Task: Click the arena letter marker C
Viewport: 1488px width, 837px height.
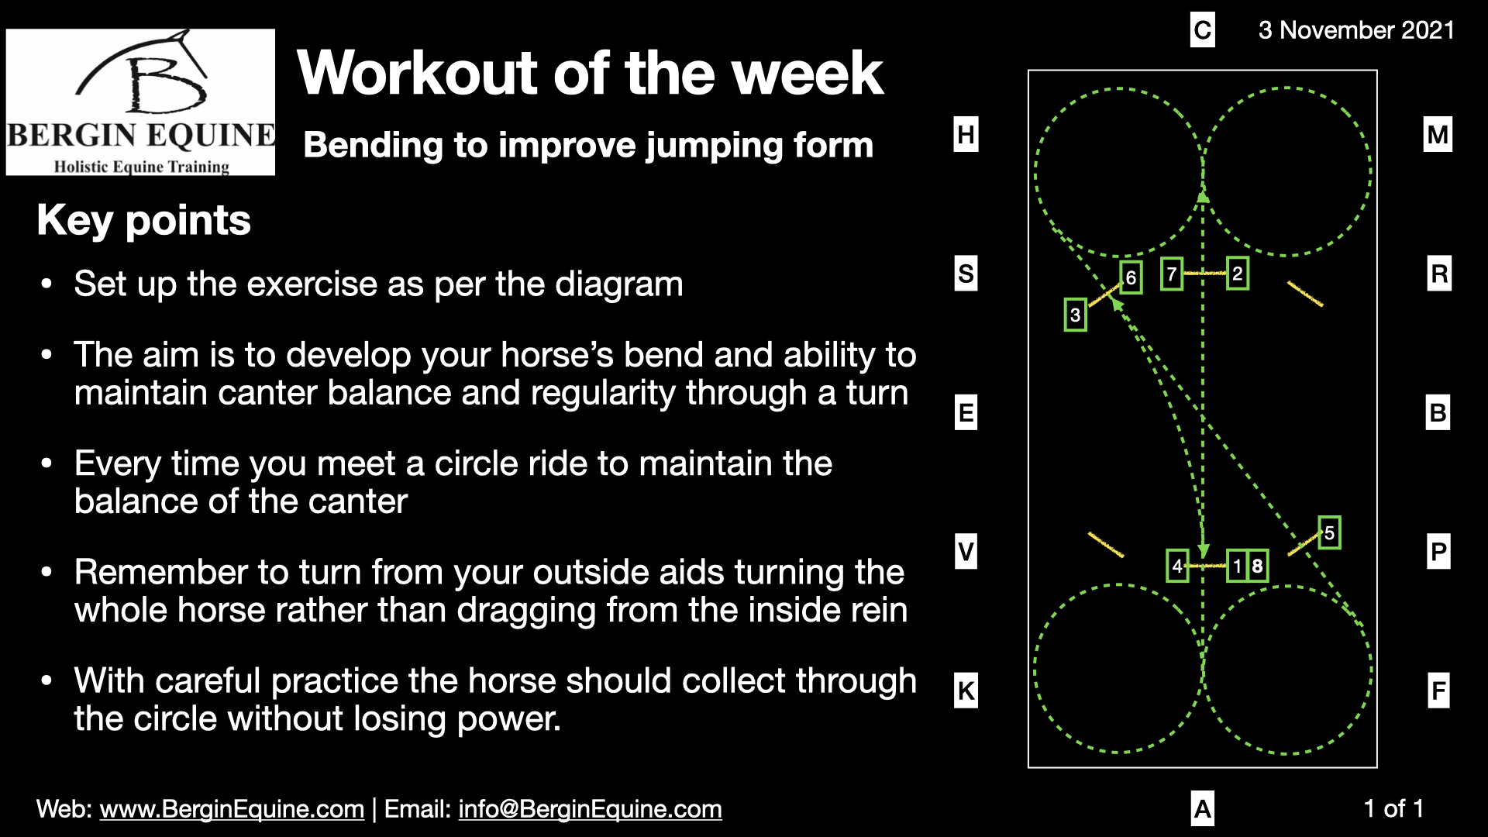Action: pyautogui.click(x=1202, y=30)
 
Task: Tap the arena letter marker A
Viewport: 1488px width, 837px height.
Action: pyautogui.click(x=1202, y=809)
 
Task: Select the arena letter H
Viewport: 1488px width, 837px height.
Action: pyautogui.click(x=966, y=135)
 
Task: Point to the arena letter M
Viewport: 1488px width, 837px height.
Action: pyautogui.click(x=1438, y=135)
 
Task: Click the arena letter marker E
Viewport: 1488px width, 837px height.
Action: pyautogui.click(x=966, y=412)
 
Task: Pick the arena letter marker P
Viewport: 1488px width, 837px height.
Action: pyautogui.click(x=1438, y=552)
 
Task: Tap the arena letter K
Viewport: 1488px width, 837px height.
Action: pyautogui.click(x=966, y=691)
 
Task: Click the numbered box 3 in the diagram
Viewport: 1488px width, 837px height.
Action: pyautogui.click(x=1075, y=315)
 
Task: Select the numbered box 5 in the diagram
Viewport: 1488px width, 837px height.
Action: pyautogui.click(x=1329, y=532)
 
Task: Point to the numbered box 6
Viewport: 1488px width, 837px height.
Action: pyautogui.click(x=1131, y=277)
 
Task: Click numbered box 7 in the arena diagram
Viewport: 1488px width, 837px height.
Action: pyautogui.click(x=1172, y=274)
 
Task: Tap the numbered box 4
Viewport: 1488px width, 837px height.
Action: pyautogui.click(x=1177, y=566)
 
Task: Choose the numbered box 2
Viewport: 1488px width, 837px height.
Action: pyautogui.click(x=1238, y=274)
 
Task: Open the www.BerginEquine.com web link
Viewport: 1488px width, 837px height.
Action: pyautogui.click(x=232, y=809)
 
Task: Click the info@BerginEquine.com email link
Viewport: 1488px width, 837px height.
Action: pyautogui.click(x=590, y=809)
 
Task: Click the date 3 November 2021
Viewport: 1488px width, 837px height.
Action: pyautogui.click(x=1356, y=30)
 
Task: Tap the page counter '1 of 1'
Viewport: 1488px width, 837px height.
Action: pyautogui.click(x=1393, y=809)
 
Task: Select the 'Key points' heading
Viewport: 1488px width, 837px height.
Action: pyautogui.click(x=143, y=220)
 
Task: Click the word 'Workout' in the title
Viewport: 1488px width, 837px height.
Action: pyautogui.click(x=417, y=73)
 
